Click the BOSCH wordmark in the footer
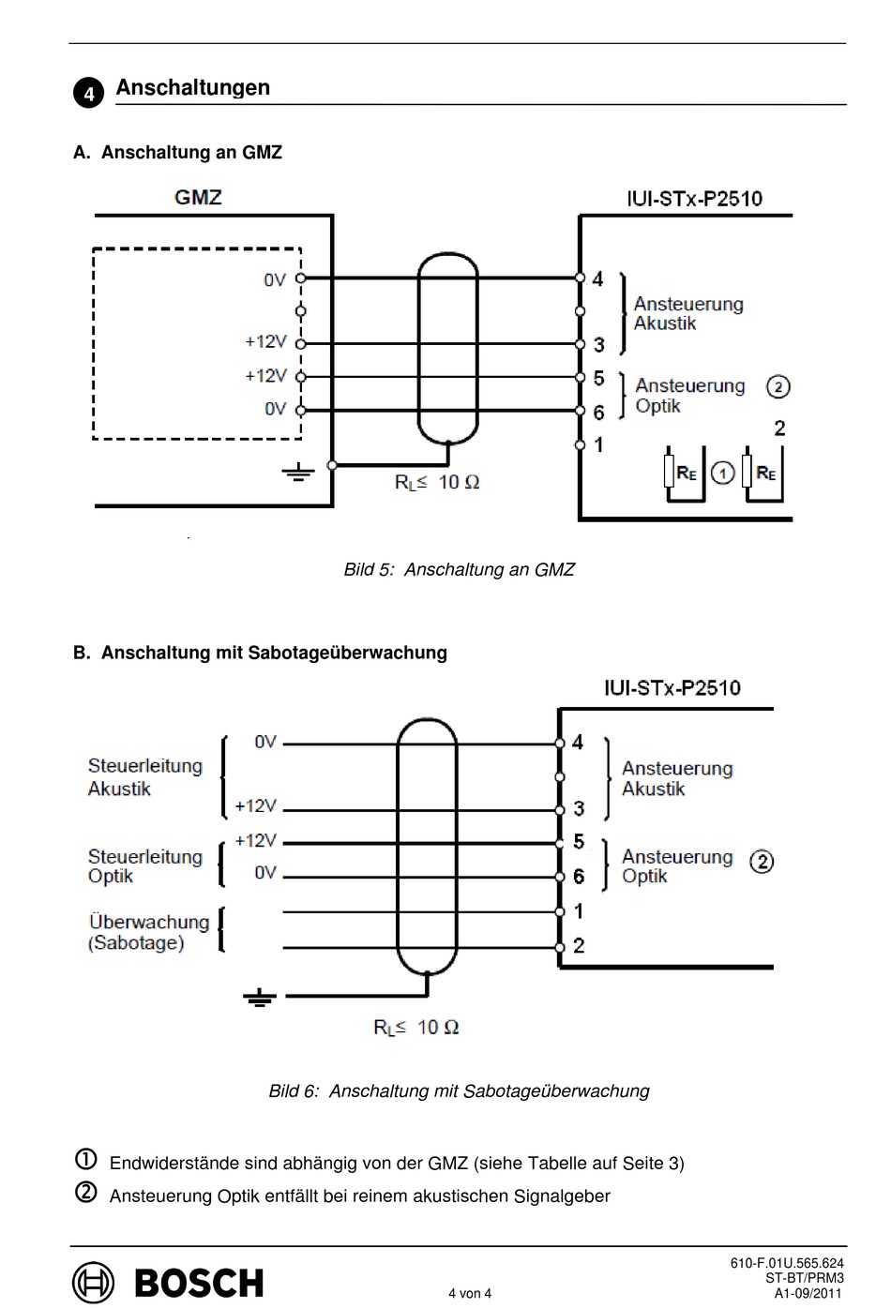point(199,1283)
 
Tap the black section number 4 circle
point(89,93)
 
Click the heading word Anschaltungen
point(193,87)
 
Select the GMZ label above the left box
point(198,197)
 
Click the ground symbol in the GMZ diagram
point(298,472)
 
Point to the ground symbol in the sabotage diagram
point(260,998)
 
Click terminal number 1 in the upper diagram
point(598,445)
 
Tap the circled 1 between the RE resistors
point(723,473)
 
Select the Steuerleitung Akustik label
point(144,777)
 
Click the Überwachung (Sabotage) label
point(148,932)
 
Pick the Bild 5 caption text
point(460,569)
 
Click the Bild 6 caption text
point(460,1090)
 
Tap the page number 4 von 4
point(470,1293)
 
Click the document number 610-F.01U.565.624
point(787,1263)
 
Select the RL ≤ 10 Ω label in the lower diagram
point(416,1027)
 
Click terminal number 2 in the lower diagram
point(579,946)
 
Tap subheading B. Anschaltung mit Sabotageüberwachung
point(260,653)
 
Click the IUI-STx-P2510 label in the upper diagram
point(695,199)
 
